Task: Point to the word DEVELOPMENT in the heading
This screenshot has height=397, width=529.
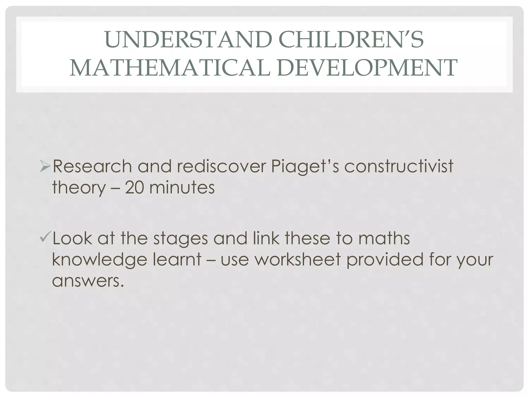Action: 368,68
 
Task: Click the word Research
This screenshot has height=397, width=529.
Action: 92,166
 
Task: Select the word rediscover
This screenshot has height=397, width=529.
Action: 221,166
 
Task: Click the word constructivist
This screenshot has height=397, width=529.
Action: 399,166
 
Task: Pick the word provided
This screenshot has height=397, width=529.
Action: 385,260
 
